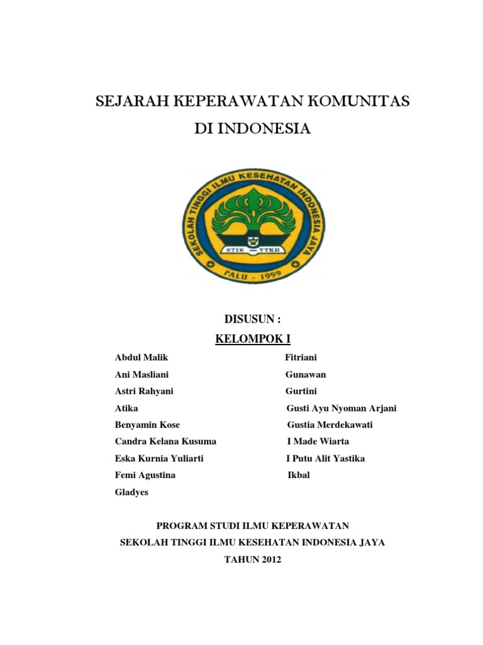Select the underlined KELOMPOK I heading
[x=253, y=340]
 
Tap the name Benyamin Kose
[x=147, y=425]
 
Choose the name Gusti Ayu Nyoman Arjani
[x=341, y=408]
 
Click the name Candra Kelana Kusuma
[x=165, y=442]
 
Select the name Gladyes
[x=131, y=492]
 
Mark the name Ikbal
[x=299, y=475]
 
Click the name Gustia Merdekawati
[x=330, y=425]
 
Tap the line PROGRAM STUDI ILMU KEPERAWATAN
[x=253, y=525]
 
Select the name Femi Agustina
[x=145, y=475]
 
